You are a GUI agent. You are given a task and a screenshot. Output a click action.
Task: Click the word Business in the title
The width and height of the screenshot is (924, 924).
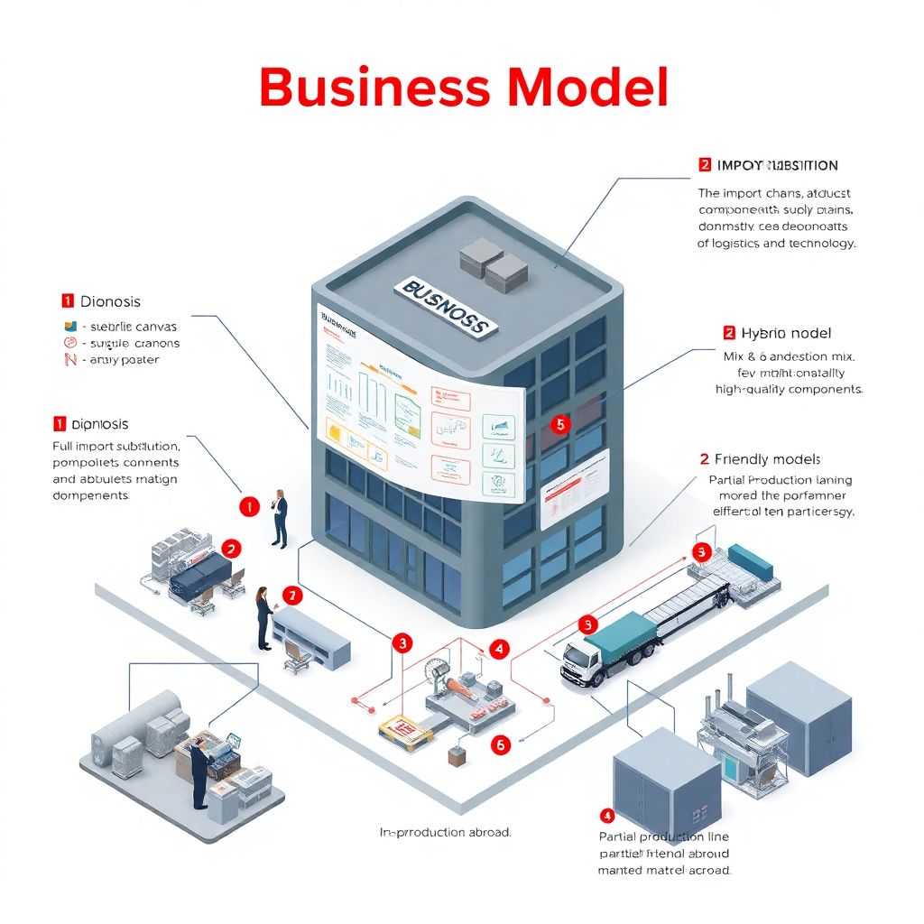click(374, 88)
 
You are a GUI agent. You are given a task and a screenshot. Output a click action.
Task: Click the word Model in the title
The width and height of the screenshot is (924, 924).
click(587, 88)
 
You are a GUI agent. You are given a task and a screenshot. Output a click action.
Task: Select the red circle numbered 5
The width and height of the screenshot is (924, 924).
click(559, 423)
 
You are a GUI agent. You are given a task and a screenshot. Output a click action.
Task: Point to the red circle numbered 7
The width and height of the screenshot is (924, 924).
click(291, 596)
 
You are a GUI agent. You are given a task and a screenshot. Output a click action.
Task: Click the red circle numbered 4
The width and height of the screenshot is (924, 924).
click(498, 648)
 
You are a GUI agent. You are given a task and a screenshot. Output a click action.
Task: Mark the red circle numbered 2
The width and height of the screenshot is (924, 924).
click(232, 548)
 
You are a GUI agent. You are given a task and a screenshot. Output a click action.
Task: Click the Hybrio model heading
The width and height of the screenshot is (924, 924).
click(785, 333)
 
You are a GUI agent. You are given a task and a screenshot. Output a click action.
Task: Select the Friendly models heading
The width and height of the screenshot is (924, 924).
click(767, 459)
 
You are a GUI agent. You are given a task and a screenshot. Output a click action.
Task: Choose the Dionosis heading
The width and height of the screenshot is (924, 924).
click(110, 301)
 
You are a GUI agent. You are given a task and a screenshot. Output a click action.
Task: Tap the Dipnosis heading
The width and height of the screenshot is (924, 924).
click(99, 423)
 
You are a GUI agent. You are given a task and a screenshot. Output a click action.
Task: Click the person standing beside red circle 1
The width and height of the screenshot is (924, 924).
click(280, 519)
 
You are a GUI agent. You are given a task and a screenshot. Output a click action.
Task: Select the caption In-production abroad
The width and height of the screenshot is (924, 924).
click(445, 832)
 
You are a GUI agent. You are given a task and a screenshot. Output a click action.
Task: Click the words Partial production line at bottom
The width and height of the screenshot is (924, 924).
click(663, 836)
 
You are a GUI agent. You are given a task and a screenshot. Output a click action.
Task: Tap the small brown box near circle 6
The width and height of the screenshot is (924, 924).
click(457, 757)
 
